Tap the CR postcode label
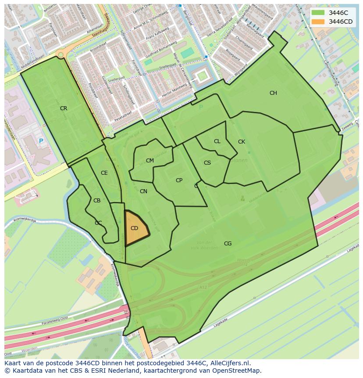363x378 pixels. [64, 108]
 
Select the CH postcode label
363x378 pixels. [273, 93]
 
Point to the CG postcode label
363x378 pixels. [228, 244]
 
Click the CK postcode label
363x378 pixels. [242, 142]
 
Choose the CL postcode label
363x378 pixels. [217, 141]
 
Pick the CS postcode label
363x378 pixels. [207, 163]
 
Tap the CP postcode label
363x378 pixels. [179, 180]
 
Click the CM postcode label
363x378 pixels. [150, 161]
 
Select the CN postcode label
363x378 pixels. [143, 191]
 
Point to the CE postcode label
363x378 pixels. [104, 173]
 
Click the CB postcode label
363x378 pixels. [97, 201]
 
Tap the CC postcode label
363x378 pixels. [98, 223]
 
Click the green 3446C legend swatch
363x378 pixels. [318, 13]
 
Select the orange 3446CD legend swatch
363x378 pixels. [318, 22]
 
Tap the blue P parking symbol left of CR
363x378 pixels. [41, 141]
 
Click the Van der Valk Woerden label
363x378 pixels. [204, 245]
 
